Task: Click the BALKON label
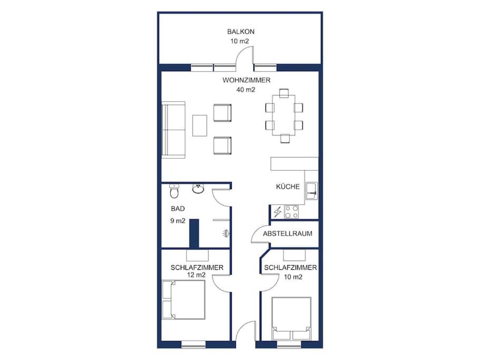coord(241,32)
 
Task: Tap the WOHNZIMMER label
coord(247,80)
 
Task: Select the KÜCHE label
coord(288,187)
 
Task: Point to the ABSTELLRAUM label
coord(288,233)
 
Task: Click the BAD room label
coord(178,209)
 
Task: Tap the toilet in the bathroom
coord(174,191)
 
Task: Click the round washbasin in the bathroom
coord(199,189)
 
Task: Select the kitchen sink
coord(311,191)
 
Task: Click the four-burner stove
coord(291,212)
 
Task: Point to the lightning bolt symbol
coord(278,212)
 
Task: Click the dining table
coord(284,115)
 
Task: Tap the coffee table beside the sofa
coord(200,125)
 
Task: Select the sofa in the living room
coord(173,130)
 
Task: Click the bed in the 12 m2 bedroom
coord(183,300)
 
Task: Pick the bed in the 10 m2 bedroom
coord(291,318)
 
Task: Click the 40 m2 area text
coord(246,90)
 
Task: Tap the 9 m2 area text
coord(178,221)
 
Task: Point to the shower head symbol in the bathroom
coord(226,233)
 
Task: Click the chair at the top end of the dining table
coord(284,93)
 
